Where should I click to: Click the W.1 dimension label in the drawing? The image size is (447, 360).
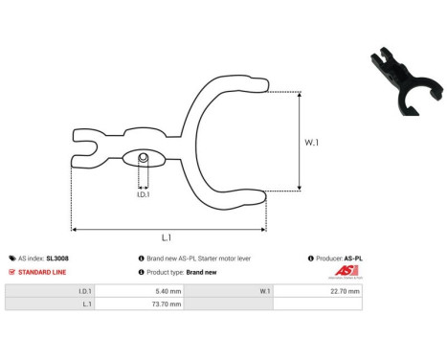click(313, 143)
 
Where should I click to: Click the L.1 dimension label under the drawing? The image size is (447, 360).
click(167, 237)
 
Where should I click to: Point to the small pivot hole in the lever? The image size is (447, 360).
click(142, 157)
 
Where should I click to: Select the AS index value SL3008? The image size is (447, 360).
click(57, 259)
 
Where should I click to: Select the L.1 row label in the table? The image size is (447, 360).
click(87, 304)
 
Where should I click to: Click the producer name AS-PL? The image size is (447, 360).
click(352, 259)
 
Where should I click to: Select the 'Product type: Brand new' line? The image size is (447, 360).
click(180, 273)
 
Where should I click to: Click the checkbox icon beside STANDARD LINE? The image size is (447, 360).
click(11, 273)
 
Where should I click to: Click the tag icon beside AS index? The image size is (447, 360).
click(11, 259)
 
